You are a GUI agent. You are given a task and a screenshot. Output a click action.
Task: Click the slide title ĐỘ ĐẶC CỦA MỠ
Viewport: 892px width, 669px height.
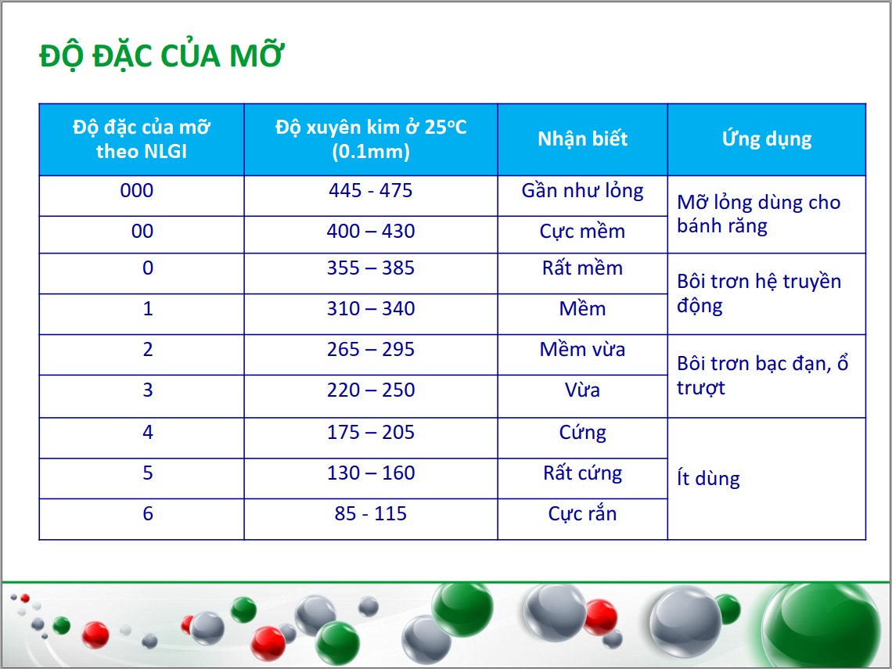tap(161, 56)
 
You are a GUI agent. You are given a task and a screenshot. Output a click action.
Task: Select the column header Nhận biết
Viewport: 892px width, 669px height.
tap(582, 138)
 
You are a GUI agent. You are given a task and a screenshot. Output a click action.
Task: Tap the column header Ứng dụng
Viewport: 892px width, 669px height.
tap(767, 138)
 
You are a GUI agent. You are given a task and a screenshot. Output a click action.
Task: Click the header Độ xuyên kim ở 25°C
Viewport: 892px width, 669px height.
tap(371, 126)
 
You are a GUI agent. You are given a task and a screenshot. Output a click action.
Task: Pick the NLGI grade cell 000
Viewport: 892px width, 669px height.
tap(136, 190)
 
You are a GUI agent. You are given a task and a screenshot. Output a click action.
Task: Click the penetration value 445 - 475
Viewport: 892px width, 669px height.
tap(370, 190)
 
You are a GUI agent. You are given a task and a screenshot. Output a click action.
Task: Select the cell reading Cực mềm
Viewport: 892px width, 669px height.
tap(582, 231)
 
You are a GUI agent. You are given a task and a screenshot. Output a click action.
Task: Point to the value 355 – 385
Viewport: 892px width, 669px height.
tap(370, 268)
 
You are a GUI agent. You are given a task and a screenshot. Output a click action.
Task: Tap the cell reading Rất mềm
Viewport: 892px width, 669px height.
tap(582, 268)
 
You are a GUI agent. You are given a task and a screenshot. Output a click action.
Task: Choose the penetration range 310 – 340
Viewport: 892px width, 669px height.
tap(370, 308)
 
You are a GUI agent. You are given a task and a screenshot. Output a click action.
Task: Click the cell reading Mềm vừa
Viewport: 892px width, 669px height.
tap(582, 349)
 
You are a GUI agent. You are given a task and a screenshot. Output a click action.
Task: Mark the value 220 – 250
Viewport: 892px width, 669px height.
tap(370, 390)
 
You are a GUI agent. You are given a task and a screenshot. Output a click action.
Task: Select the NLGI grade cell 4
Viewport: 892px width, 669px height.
tap(148, 433)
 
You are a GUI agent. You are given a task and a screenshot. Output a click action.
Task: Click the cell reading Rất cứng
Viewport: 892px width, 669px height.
tap(582, 473)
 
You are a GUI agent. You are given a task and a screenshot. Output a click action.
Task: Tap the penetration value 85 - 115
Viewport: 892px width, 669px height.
tap(370, 514)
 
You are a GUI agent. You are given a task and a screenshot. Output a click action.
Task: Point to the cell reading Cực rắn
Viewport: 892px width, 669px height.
tap(582, 514)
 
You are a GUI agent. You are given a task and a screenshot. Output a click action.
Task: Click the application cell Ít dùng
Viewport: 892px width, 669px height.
tap(708, 478)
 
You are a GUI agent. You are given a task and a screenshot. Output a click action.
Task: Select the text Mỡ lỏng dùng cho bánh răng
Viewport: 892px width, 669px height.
tap(759, 214)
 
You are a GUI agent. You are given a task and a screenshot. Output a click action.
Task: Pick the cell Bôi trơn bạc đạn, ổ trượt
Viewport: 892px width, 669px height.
tap(762, 376)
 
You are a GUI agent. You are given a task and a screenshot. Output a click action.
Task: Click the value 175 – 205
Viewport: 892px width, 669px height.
tap(370, 433)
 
